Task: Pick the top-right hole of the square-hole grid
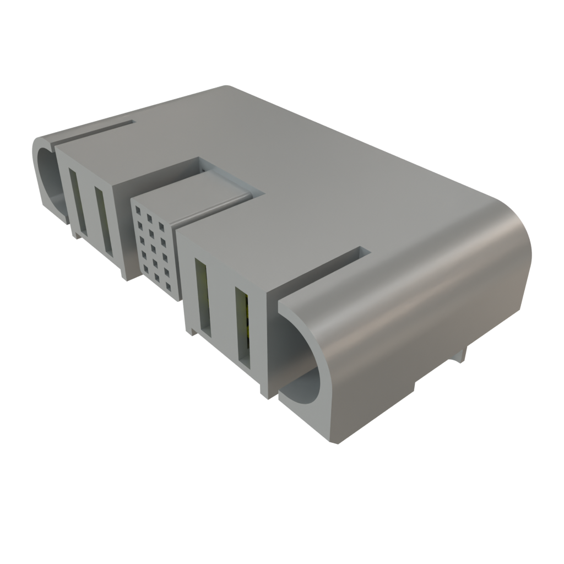pyautogui.click(x=162, y=225)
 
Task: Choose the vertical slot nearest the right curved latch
pyautogui.click(x=243, y=327)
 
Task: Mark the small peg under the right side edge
pyautogui.click(x=463, y=352)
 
